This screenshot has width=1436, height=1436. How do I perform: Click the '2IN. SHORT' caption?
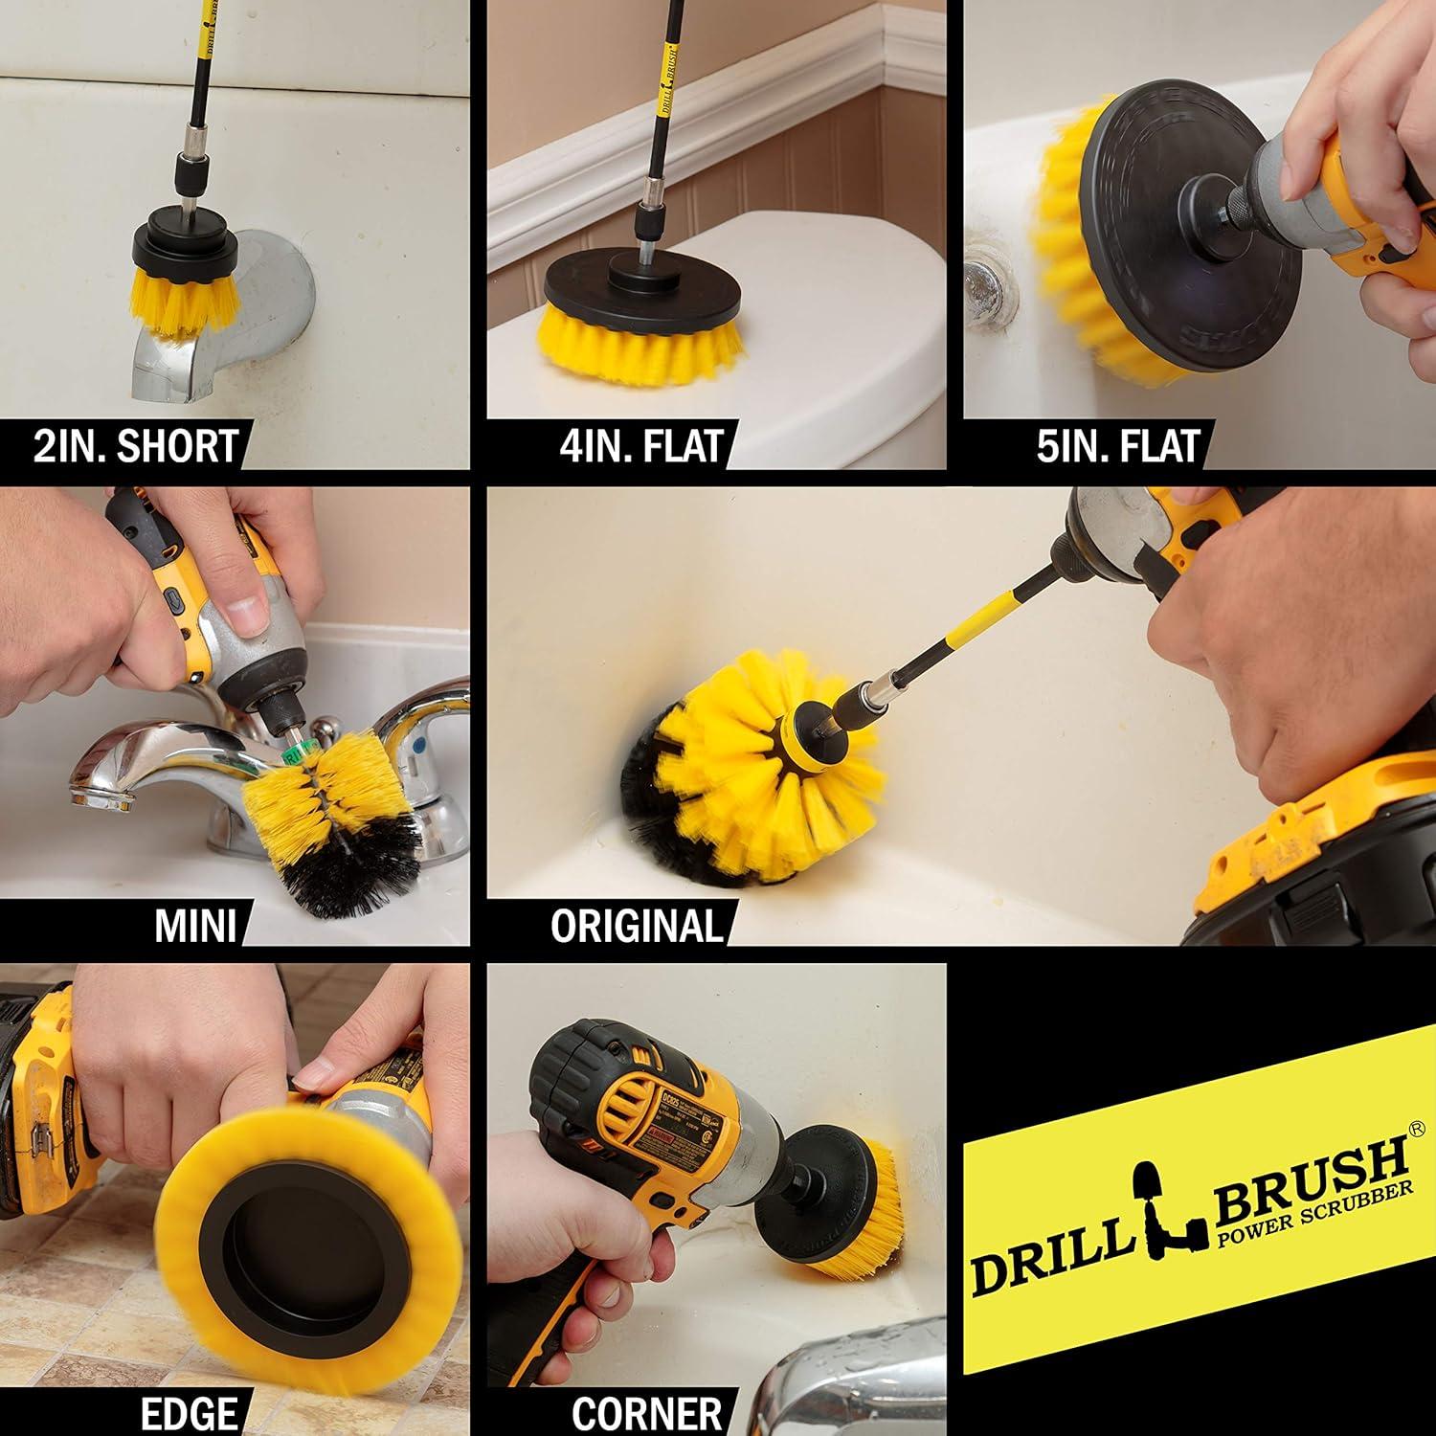pyautogui.click(x=135, y=446)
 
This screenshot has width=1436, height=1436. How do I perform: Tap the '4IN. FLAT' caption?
pyautogui.click(x=640, y=446)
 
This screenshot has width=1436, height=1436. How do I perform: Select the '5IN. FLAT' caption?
pyautogui.click(x=1117, y=446)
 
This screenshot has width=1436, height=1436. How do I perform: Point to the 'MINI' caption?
pyautogui.click(x=194, y=926)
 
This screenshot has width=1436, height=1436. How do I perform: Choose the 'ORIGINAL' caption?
pyautogui.click(x=637, y=926)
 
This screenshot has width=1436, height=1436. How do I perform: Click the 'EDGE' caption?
pyautogui.click(x=189, y=1412)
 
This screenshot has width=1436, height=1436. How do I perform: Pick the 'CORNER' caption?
pyautogui.click(x=647, y=1412)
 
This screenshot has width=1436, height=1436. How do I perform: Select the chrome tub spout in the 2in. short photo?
pyautogui.click(x=239, y=325)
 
